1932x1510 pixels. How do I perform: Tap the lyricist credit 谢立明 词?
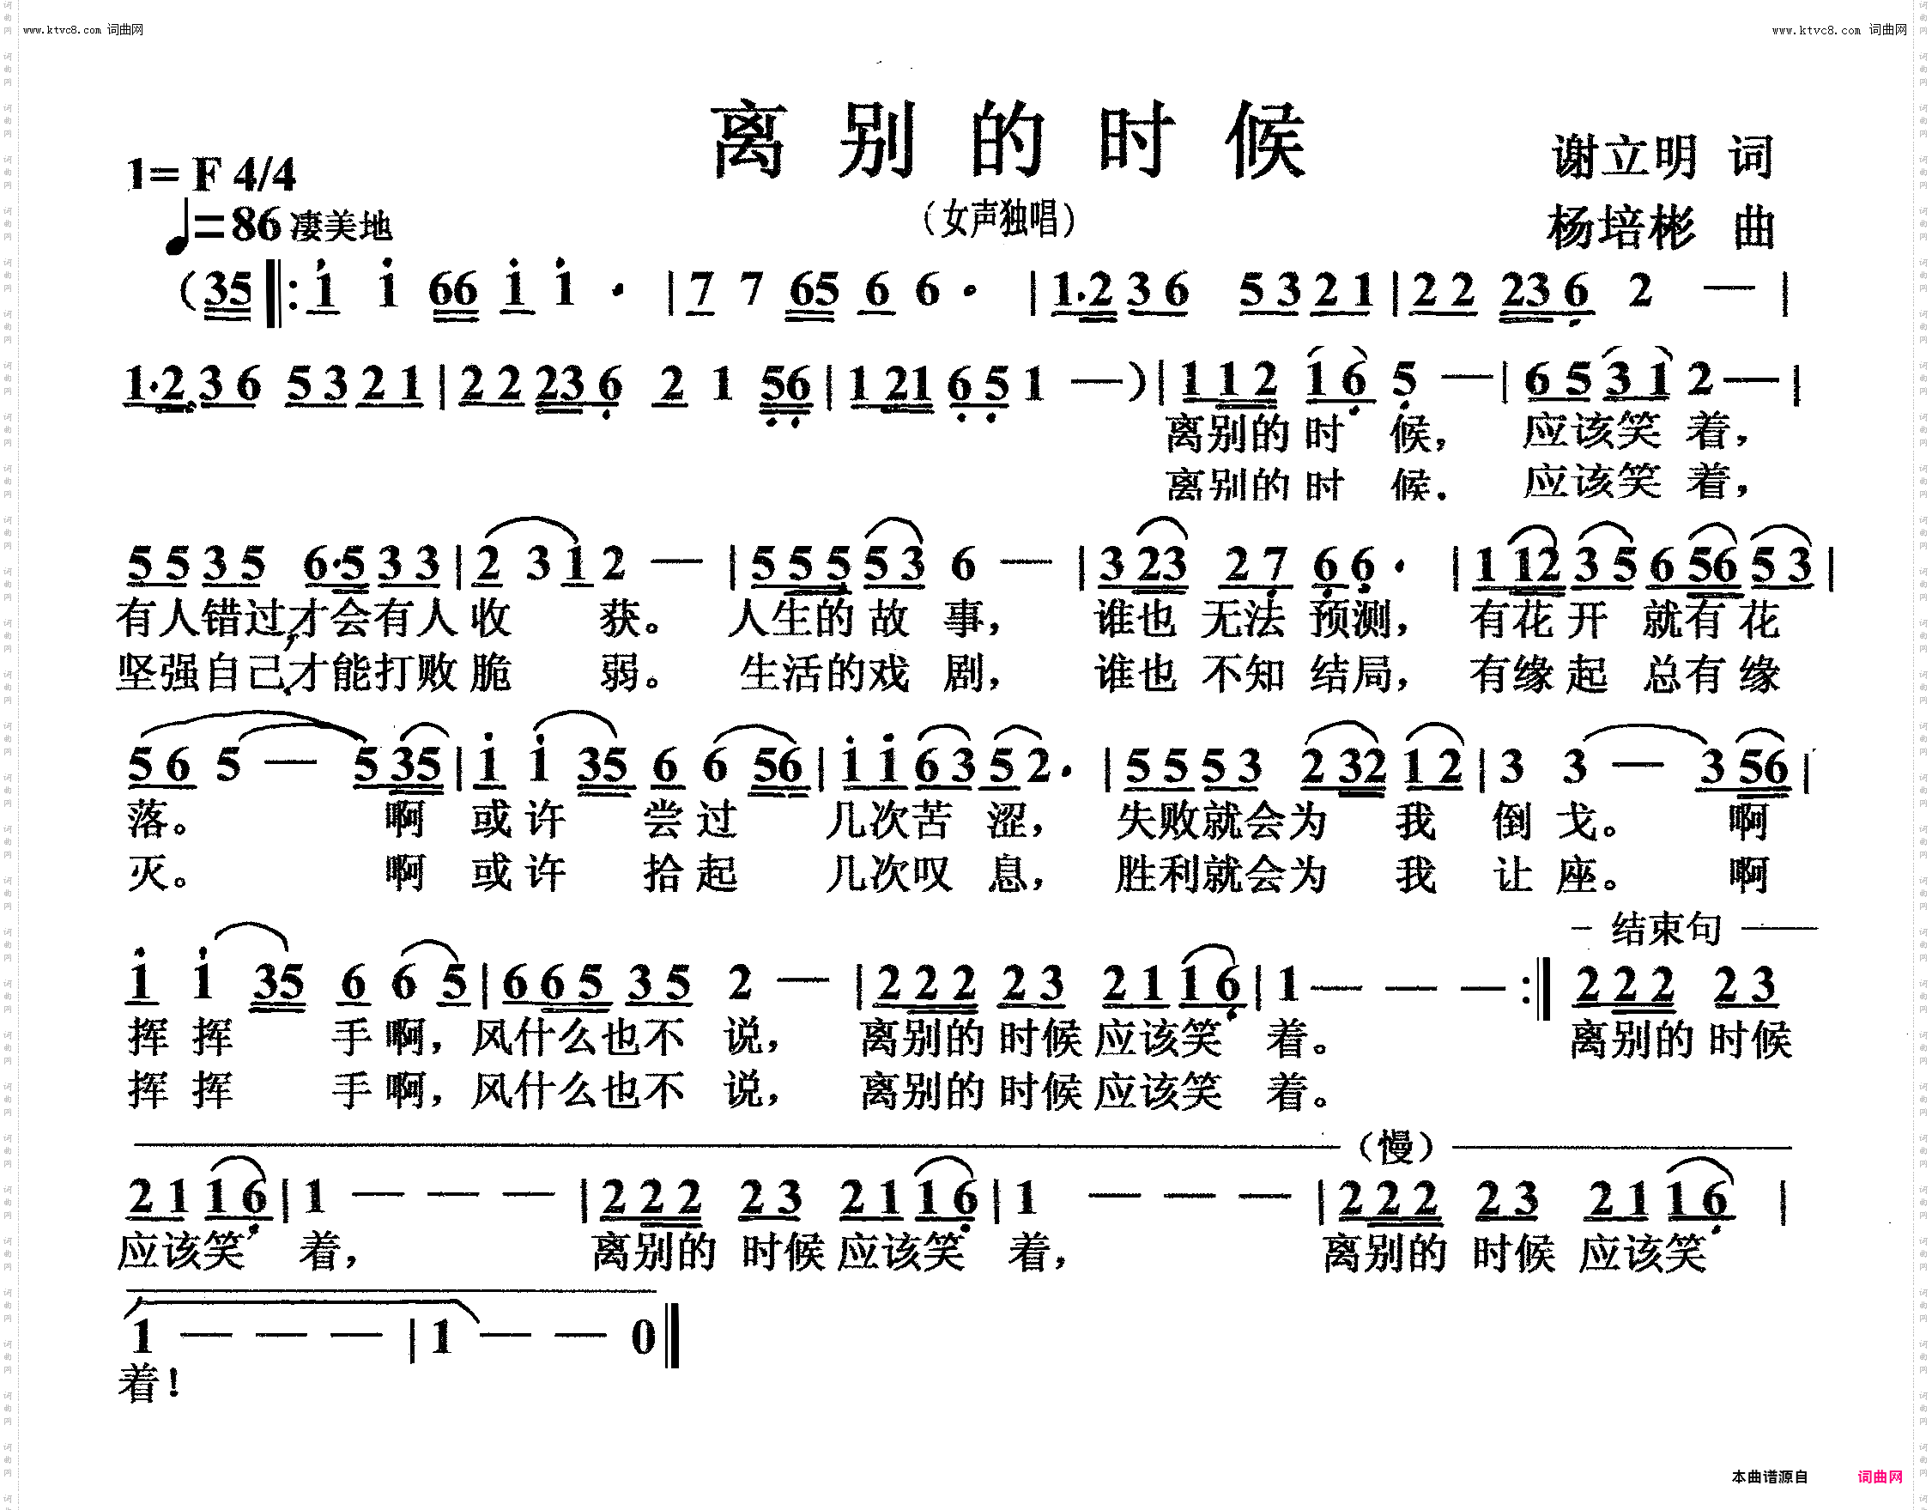point(1662,156)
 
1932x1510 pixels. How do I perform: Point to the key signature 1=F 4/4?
point(211,174)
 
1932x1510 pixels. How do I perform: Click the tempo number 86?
point(256,225)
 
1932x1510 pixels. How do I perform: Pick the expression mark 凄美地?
point(342,227)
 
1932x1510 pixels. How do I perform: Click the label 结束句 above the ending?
point(1666,929)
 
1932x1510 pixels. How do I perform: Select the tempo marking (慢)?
point(1396,1148)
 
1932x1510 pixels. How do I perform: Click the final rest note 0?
point(643,1337)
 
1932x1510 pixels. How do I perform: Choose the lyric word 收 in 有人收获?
point(489,618)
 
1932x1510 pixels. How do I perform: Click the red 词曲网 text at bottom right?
point(1880,1477)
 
